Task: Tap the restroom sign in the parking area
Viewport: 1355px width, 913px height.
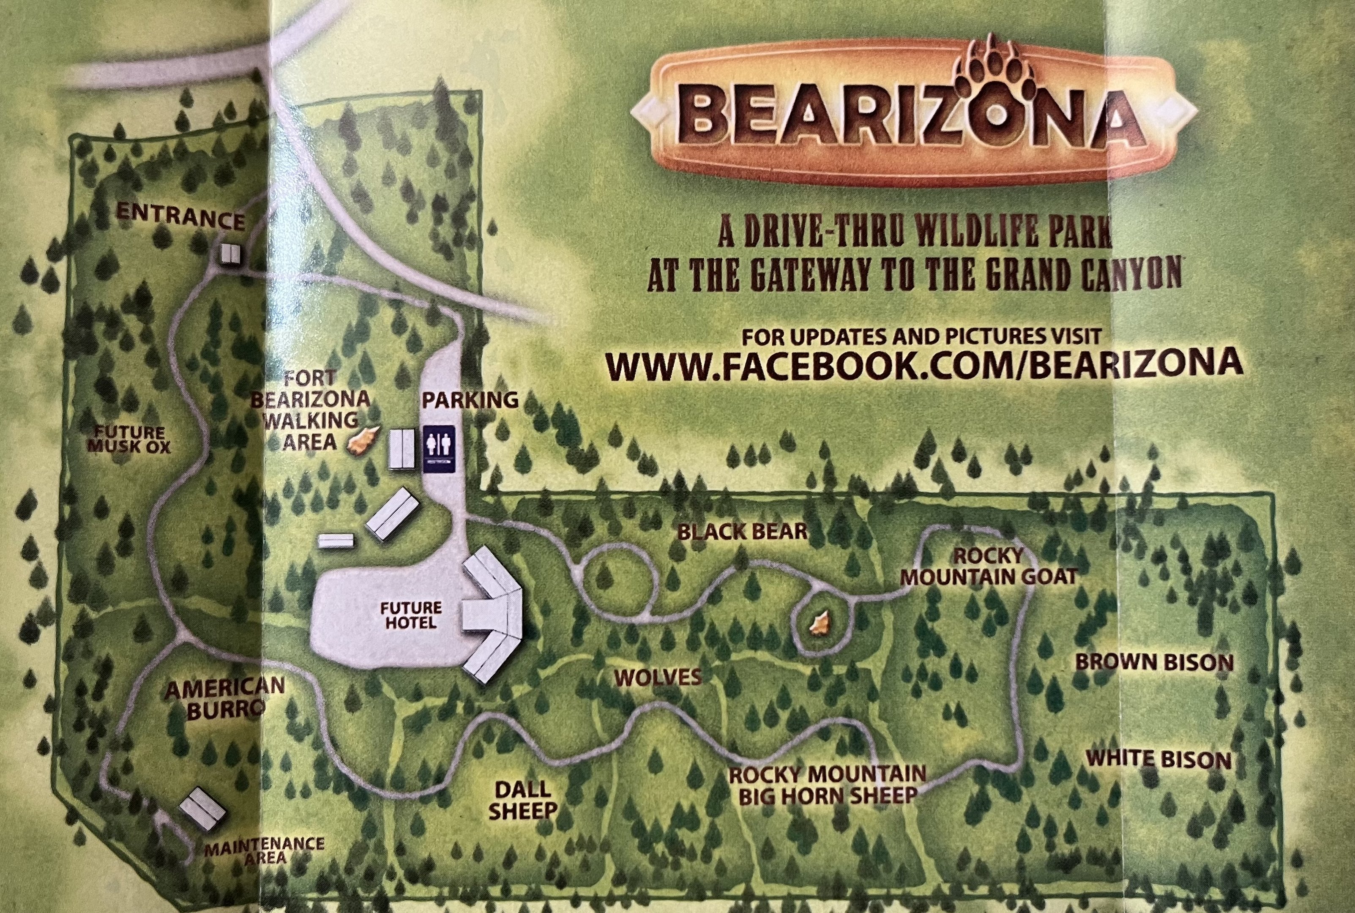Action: (438, 449)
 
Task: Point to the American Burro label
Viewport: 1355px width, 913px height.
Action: (224, 698)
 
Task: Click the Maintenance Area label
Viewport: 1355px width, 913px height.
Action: (264, 850)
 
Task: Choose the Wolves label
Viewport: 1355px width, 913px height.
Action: (658, 677)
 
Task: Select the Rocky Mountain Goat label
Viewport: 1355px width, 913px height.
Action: (988, 566)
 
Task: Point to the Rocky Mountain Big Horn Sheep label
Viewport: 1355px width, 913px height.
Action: (828, 785)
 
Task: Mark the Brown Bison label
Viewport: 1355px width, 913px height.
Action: (1154, 662)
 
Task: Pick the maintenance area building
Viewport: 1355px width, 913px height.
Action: (201, 808)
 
